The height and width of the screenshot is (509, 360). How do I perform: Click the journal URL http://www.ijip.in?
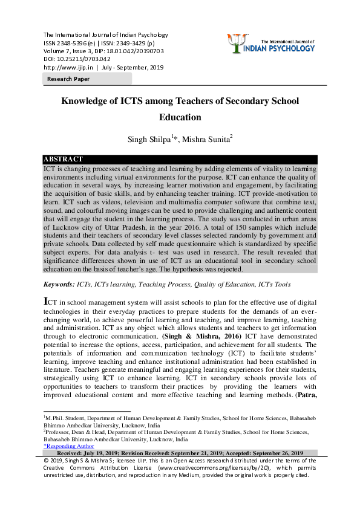(67, 68)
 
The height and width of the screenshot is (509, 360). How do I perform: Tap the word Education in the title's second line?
(180, 117)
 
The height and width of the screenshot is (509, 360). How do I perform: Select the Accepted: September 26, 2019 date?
(266, 453)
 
